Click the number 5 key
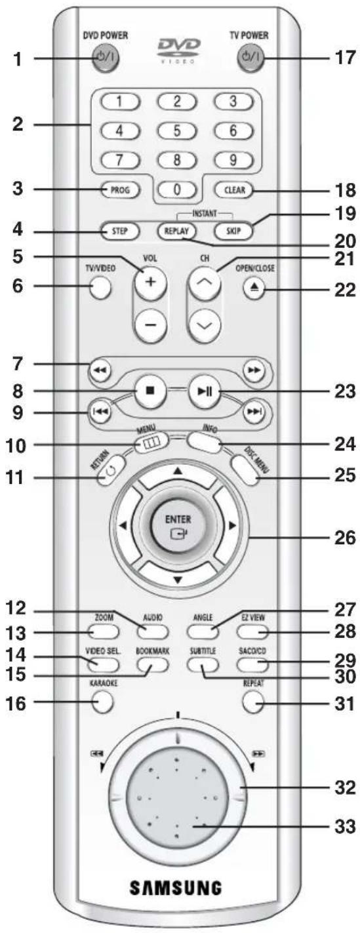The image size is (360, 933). tap(176, 131)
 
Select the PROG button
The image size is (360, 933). tap(120, 190)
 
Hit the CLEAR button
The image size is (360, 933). tap(235, 190)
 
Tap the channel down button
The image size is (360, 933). tap(204, 325)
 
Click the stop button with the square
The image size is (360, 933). tap(150, 391)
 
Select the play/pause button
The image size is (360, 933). tap(204, 391)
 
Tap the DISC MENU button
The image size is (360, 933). tap(249, 470)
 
